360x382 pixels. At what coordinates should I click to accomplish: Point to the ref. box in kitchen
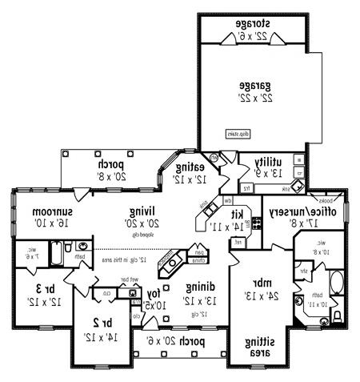[x=238, y=242]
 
